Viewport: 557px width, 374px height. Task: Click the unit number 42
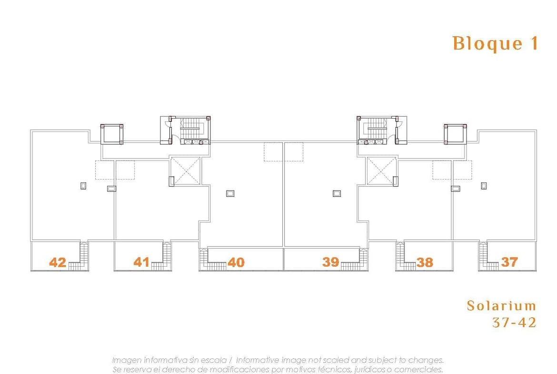click(x=58, y=263)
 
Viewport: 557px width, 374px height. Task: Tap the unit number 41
click(x=141, y=262)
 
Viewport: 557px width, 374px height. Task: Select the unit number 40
click(x=236, y=263)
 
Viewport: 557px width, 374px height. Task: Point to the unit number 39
click(x=331, y=262)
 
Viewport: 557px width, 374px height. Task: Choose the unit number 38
click(x=425, y=263)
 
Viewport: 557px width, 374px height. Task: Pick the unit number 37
click(x=509, y=262)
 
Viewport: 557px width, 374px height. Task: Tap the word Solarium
click(x=501, y=306)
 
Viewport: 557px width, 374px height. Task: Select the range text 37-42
click(x=514, y=323)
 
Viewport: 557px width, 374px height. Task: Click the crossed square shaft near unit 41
click(x=186, y=171)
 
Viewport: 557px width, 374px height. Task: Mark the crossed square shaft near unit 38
click(x=381, y=171)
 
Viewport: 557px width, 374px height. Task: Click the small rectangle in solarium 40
click(x=230, y=193)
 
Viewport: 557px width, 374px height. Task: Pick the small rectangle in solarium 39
click(x=337, y=193)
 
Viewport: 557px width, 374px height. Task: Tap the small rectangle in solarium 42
click(x=83, y=186)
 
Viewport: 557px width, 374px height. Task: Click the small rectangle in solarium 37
click(x=484, y=186)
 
